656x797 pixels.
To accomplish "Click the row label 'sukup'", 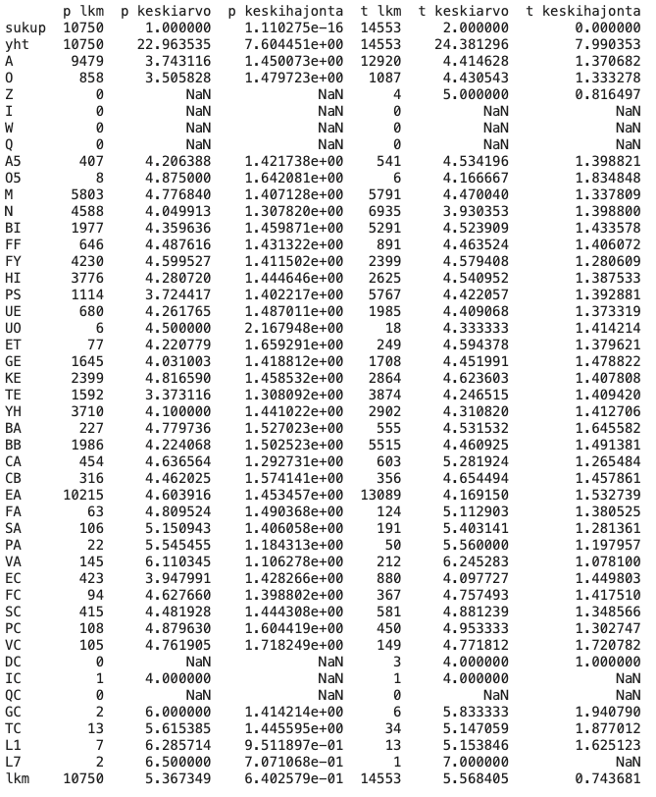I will (x=24, y=28).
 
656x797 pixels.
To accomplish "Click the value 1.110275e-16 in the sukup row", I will (x=294, y=28).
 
